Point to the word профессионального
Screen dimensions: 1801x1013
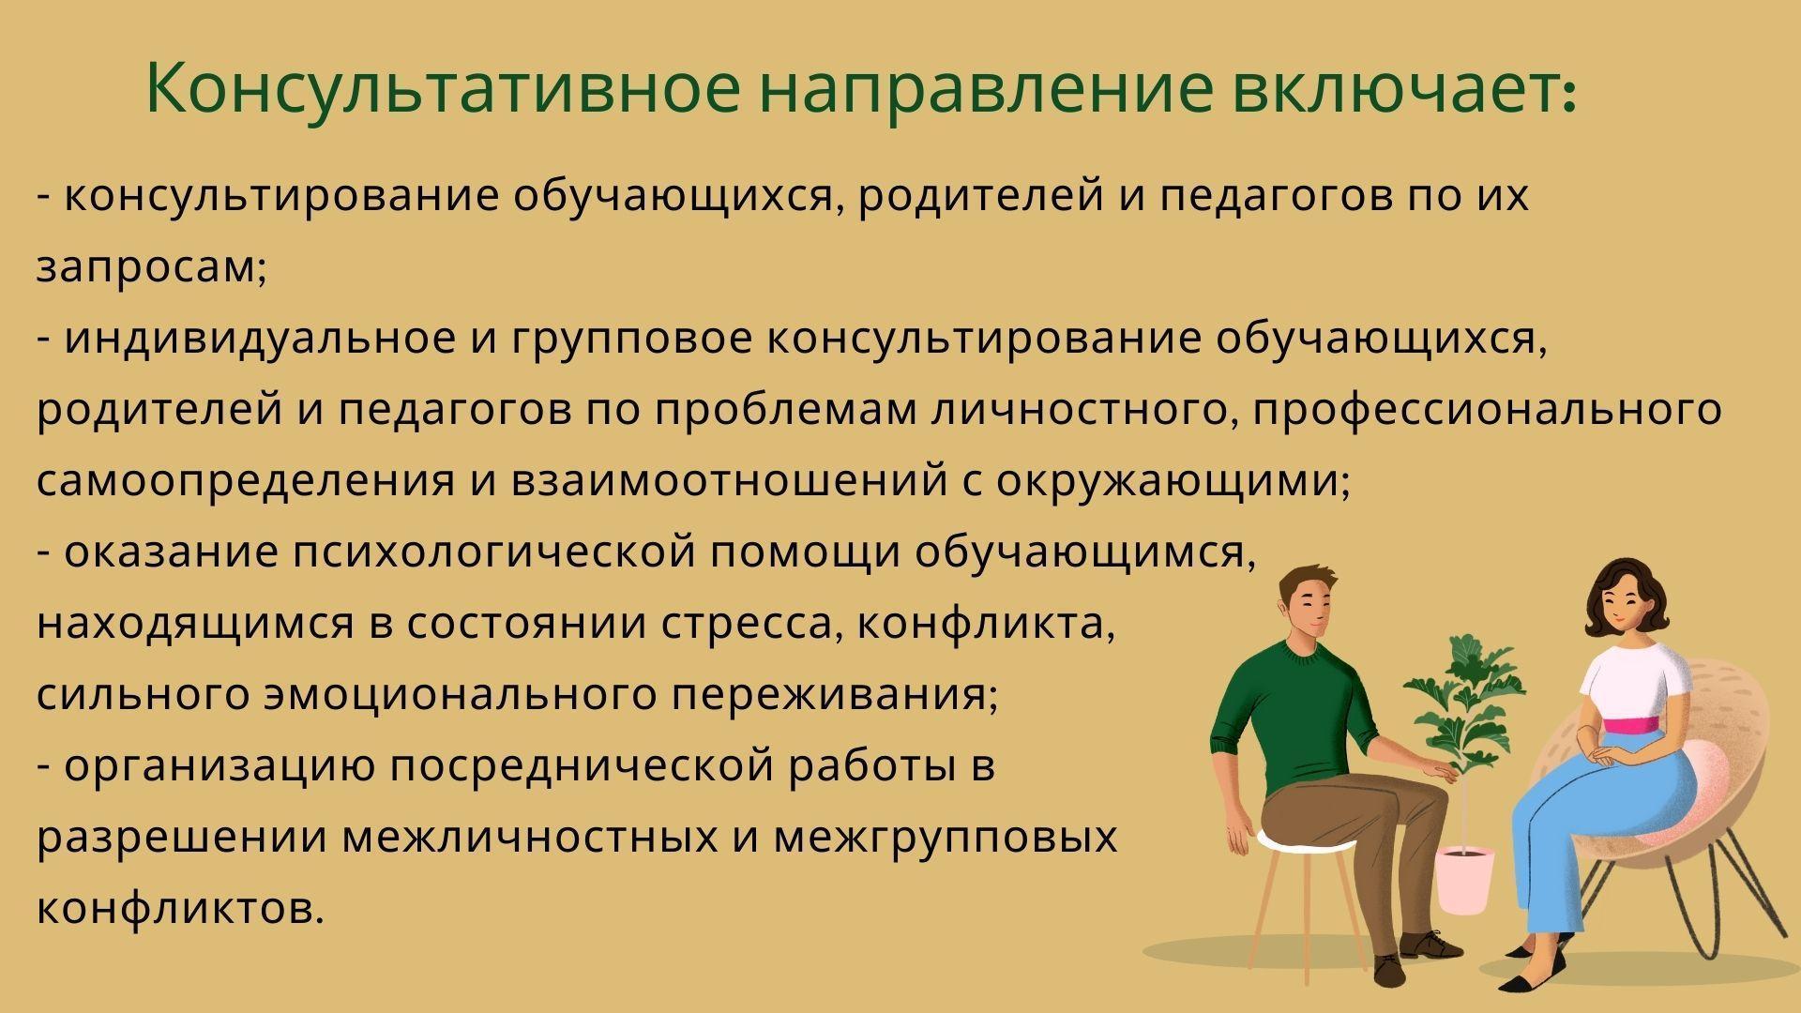1488,411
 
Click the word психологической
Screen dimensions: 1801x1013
494,553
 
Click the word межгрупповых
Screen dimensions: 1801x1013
946,839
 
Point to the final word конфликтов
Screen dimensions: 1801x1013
180,908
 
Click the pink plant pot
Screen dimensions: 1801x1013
1465,879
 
